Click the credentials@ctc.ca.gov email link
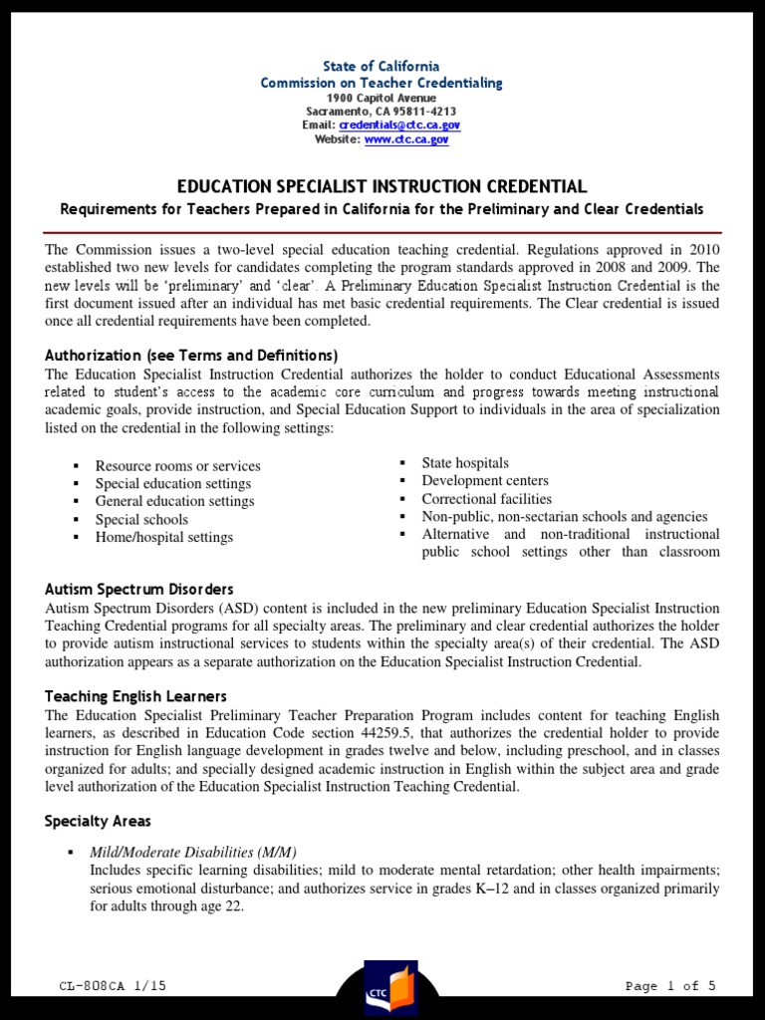point(399,126)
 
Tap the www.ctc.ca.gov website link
point(406,139)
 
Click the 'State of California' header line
point(382,67)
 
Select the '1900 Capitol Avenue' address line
point(382,98)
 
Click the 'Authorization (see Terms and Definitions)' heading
point(191,356)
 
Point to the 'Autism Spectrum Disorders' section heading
point(138,590)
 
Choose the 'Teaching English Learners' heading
point(135,696)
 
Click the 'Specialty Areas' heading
point(98,821)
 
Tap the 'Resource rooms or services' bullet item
point(177,465)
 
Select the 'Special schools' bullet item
point(141,519)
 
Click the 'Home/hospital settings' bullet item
point(163,537)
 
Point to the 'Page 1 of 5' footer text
point(670,986)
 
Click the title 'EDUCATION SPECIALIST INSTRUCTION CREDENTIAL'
point(382,186)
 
